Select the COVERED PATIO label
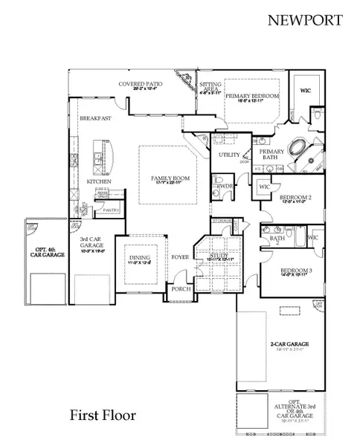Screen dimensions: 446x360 (x=145, y=84)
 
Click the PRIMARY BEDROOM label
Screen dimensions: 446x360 (x=252, y=97)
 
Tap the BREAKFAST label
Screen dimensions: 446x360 (x=96, y=118)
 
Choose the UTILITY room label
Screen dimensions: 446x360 (x=228, y=155)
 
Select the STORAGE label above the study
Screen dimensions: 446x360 (x=221, y=221)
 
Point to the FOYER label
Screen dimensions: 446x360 (x=180, y=257)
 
